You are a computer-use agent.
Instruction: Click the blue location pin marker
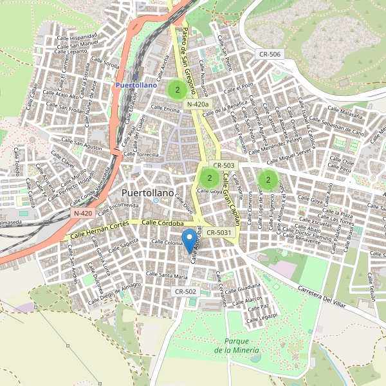tap(189, 241)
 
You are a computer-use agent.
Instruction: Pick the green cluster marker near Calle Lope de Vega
tap(268, 179)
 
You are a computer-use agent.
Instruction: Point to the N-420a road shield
tap(198, 104)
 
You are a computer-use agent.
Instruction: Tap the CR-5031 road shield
tap(219, 232)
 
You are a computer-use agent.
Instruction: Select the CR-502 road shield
tap(185, 291)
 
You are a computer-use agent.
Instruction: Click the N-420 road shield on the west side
tap(83, 213)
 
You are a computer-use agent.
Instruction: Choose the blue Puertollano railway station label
tap(136, 84)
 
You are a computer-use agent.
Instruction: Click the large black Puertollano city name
tap(148, 193)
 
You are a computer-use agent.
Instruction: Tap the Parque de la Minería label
tap(237, 345)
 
